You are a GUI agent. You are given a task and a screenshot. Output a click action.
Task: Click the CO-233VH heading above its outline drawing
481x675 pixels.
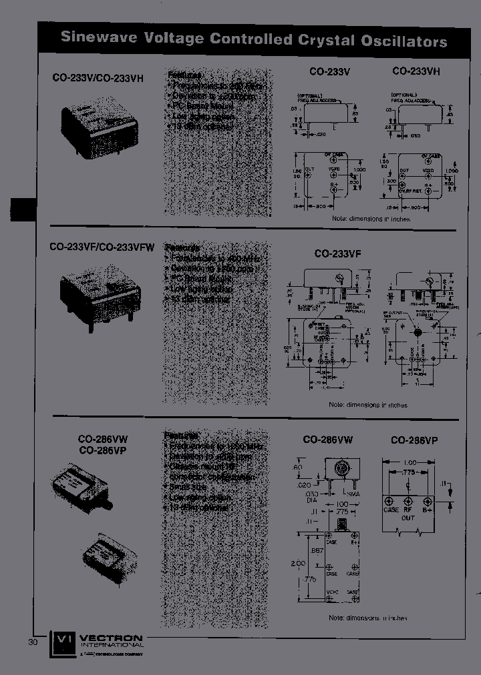(x=416, y=71)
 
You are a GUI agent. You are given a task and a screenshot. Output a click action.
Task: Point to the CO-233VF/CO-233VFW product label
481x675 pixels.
(x=102, y=247)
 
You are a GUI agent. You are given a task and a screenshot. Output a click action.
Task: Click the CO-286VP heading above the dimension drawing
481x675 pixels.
(x=414, y=440)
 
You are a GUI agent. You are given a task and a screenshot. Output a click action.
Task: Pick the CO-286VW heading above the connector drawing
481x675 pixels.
(x=328, y=440)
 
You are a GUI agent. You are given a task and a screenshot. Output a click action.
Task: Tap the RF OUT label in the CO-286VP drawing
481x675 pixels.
(x=409, y=513)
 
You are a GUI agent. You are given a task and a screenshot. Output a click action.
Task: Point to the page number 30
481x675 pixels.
(x=33, y=642)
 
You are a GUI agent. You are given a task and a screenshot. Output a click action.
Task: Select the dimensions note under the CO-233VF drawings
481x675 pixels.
(x=368, y=405)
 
